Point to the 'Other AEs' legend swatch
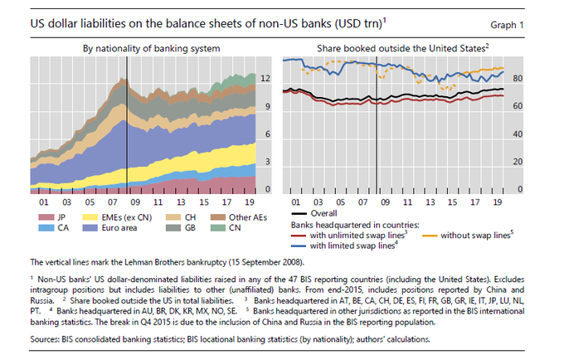(x=215, y=216)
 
